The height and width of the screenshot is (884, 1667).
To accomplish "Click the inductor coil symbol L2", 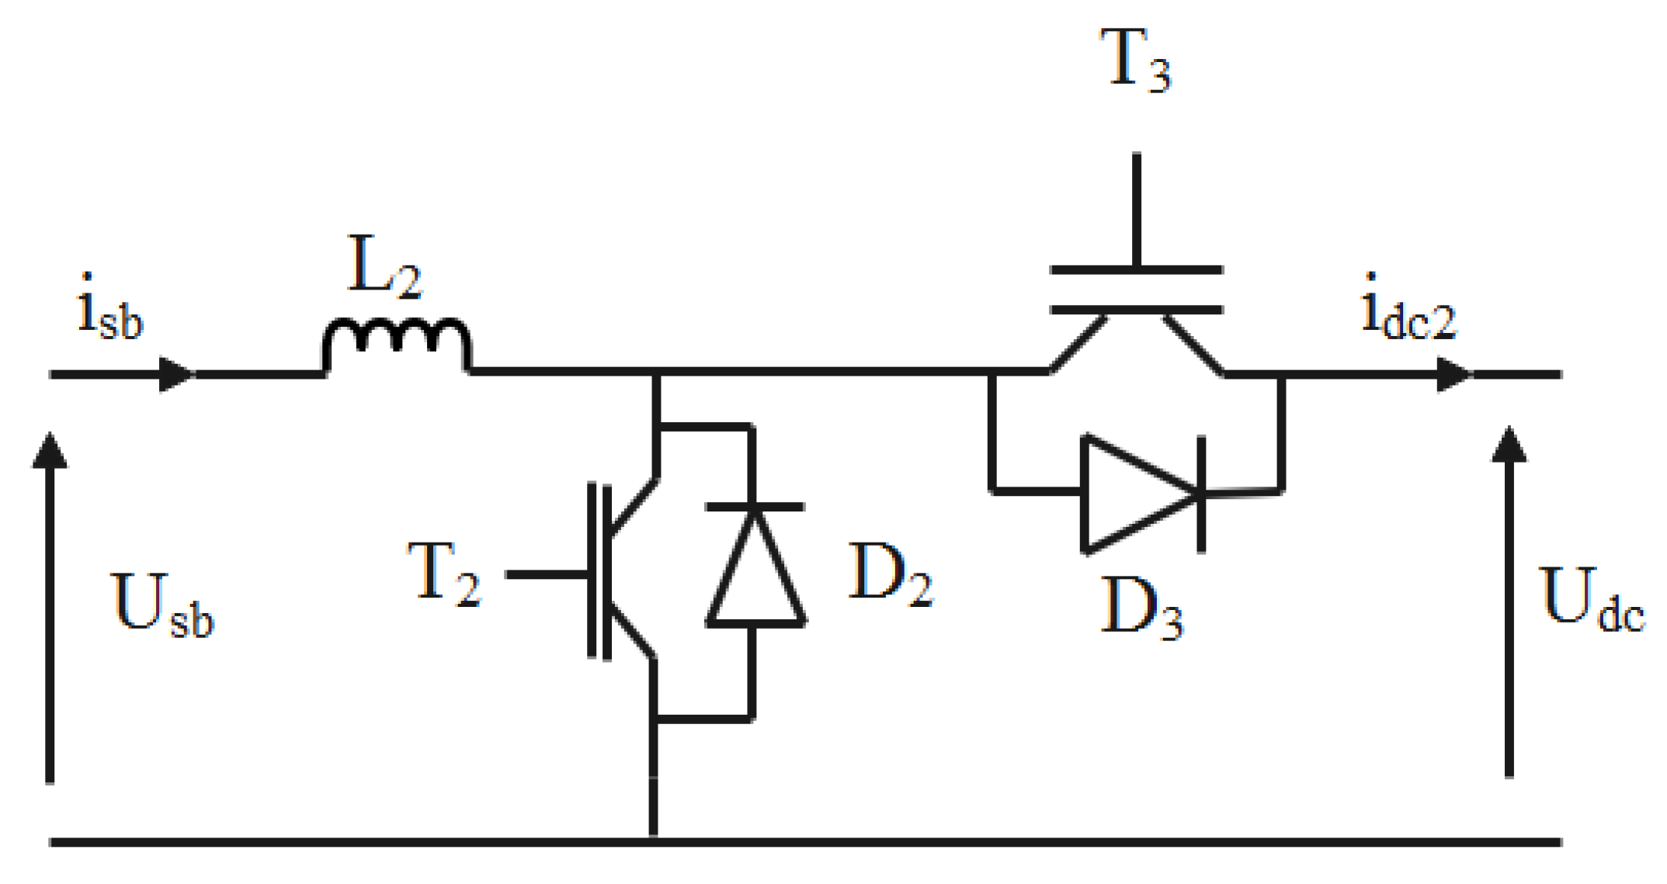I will (397, 342).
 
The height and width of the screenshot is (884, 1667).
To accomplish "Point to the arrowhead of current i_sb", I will (177, 374).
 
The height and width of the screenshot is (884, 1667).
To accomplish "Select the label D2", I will (890, 574).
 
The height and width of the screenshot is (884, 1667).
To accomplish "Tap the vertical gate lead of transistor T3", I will (1136, 210).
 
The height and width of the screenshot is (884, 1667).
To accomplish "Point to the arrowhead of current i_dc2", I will (1455, 374).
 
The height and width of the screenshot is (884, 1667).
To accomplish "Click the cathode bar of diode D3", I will (1201, 494).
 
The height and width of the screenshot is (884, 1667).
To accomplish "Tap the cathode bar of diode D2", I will (755, 507).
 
